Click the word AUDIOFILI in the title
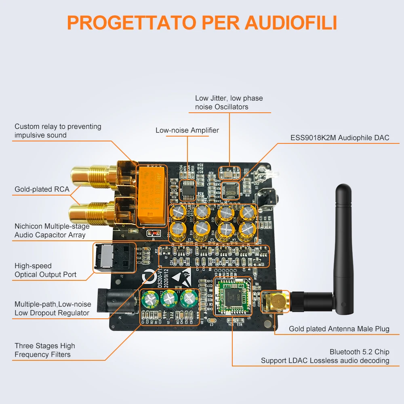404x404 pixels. coord(291,23)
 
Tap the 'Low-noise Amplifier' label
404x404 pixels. coord(187,130)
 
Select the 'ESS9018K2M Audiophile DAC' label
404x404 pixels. coord(339,138)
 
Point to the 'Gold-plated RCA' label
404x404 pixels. coord(42,189)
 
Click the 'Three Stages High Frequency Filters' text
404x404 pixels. coord(44,350)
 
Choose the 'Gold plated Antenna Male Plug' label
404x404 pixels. coord(339,329)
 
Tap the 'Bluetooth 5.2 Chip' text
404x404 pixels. coord(359,352)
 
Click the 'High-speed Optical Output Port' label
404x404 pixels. coord(45,270)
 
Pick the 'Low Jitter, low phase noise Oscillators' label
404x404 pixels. coord(229,102)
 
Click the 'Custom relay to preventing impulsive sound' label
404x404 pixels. coord(58,130)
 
